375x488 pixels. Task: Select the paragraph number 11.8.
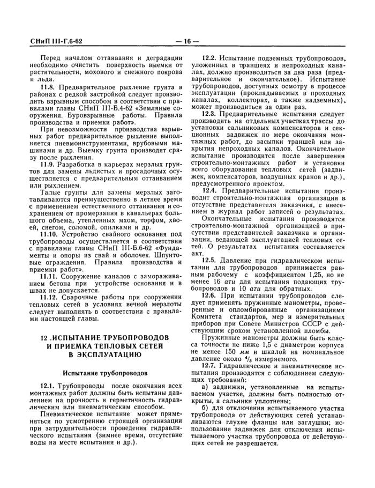(x=49, y=86)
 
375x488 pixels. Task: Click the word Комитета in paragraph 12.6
(x=207, y=316)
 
